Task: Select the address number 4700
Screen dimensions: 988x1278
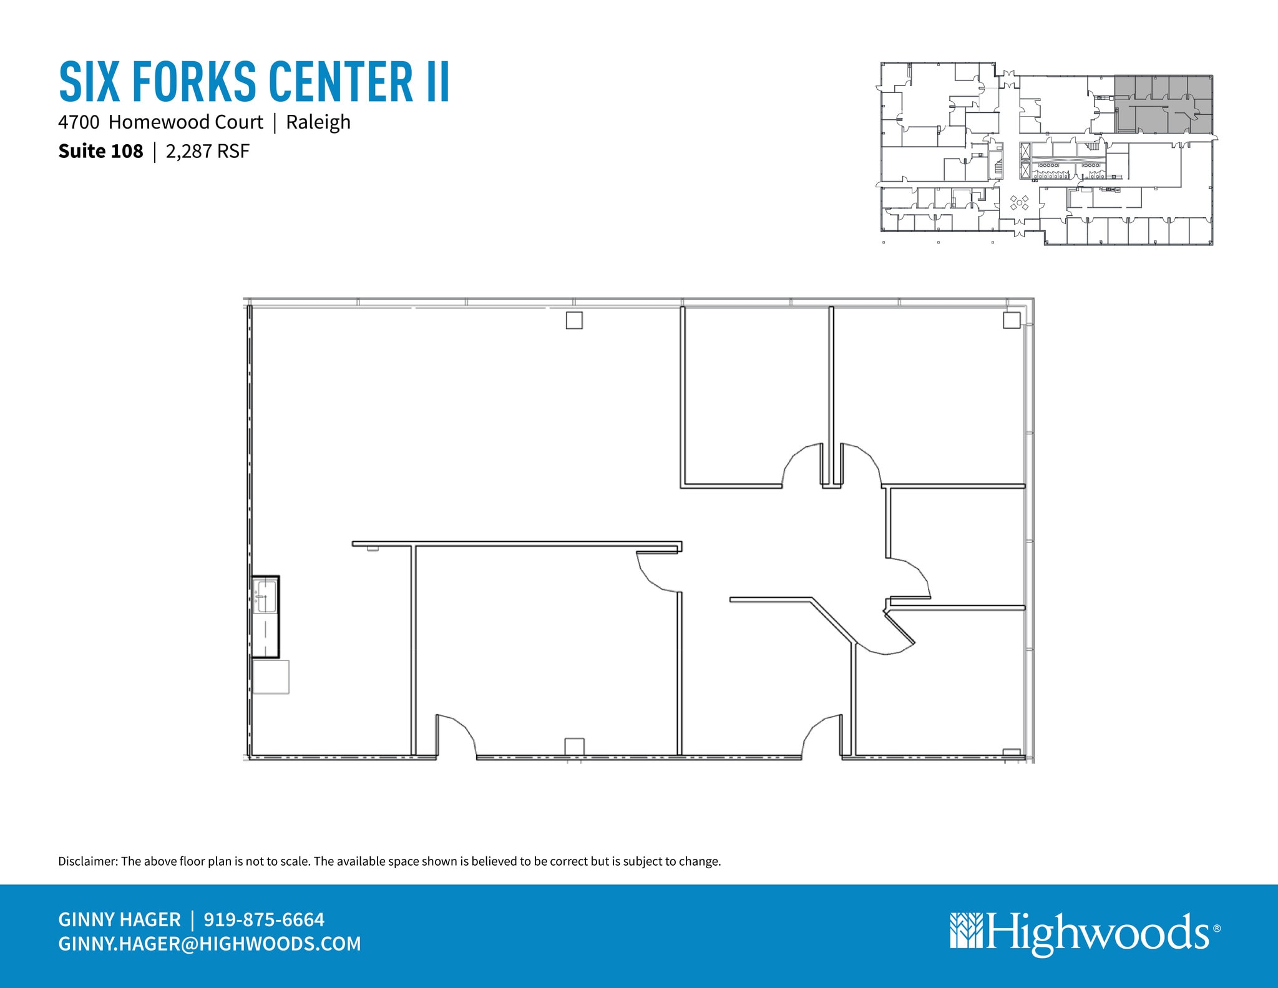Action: click(79, 122)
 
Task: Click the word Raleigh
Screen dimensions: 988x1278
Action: click(318, 122)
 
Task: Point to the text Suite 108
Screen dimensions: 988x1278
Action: click(100, 151)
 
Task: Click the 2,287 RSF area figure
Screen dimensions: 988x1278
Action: click(208, 151)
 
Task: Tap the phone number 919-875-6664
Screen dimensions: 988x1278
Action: click(264, 919)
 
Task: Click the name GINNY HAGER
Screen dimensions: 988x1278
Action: click(119, 919)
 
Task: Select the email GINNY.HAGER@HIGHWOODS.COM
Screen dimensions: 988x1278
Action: click(210, 943)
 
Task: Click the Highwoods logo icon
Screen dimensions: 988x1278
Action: click(966, 931)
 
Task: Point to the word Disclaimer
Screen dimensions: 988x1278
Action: click(87, 861)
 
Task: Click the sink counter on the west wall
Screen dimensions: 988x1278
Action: click(265, 616)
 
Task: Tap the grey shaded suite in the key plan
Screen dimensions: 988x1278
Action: click(1164, 104)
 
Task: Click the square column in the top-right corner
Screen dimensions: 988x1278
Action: click(1012, 320)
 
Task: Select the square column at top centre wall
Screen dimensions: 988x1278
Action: click(574, 320)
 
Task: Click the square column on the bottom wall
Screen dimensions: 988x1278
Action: click(574, 746)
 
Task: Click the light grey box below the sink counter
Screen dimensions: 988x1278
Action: click(271, 677)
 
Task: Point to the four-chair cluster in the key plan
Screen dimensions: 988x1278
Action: click(1019, 203)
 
